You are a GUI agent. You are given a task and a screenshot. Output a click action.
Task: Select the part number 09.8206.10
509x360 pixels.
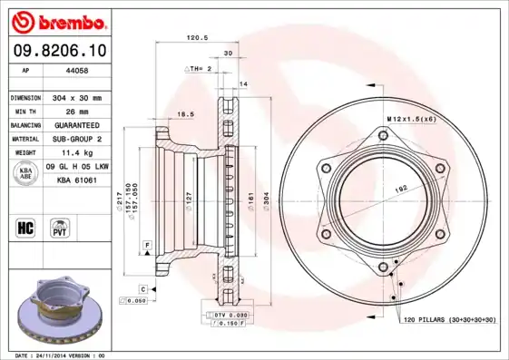point(57,50)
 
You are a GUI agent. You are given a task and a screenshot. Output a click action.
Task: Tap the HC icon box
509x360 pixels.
point(25,226)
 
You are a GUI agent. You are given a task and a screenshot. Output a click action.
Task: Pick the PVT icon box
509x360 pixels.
point(59,226)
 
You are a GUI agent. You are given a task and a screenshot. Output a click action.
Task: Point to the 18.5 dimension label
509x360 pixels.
point(185,114)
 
